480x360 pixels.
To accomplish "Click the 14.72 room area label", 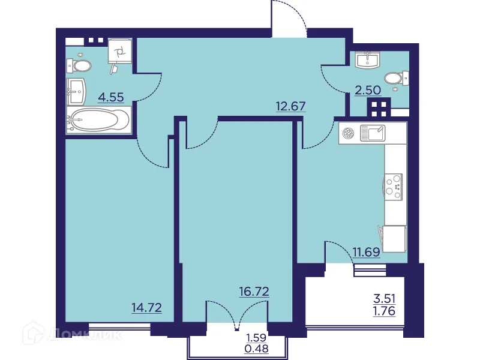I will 147,308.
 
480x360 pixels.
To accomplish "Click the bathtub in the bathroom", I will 97,121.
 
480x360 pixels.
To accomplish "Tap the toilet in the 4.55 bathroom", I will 79,65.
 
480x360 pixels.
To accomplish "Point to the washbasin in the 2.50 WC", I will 367,60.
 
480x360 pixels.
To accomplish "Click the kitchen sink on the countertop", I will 371,133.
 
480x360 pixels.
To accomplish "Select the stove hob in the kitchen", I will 394,185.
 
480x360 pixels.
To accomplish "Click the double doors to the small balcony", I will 237,315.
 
